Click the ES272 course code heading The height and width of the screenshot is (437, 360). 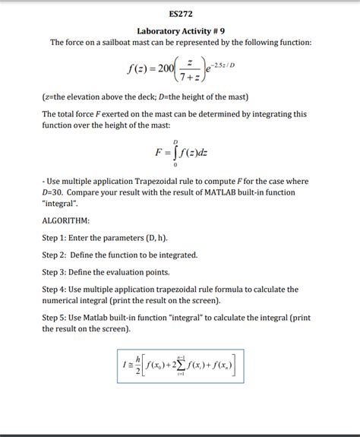(x=180, y=13)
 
